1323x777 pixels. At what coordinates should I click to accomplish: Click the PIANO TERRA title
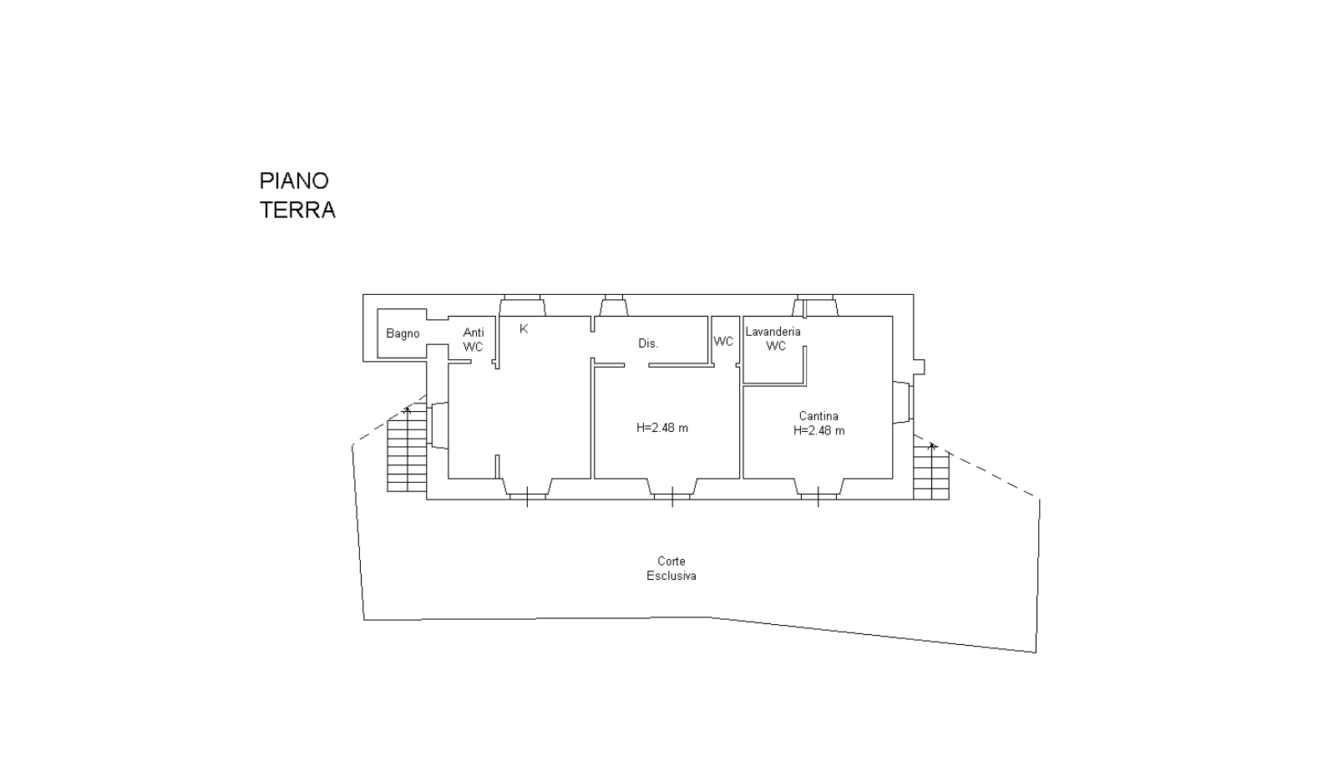point(297,195)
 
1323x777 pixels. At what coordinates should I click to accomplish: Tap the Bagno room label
point(403,334)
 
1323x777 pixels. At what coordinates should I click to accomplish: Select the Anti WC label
point(473,340)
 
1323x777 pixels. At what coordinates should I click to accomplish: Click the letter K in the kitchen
point(524,329)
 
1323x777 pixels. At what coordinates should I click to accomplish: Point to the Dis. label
point(648,343)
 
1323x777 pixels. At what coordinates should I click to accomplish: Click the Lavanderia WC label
point(773,338)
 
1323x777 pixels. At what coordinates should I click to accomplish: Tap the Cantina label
point(819,416)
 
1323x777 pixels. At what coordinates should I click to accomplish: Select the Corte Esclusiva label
point(672,568)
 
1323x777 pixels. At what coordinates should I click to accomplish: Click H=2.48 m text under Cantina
point(819,431)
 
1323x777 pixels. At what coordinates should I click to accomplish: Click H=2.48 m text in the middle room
point(662,428)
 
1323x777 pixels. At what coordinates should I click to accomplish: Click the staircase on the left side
point(407,452)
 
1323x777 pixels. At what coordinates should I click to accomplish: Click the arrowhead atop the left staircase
point(407,409)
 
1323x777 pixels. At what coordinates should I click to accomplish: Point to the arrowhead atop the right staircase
point(932,445)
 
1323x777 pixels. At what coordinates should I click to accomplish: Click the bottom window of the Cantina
point(818,490)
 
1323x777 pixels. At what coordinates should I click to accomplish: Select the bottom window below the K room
point(527,490)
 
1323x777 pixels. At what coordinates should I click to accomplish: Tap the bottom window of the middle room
point(672,490)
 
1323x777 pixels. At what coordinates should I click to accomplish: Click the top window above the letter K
point(522,305)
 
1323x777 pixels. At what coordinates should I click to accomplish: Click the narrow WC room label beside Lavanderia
point(723,342)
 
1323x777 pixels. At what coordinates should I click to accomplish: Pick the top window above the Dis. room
point(614,305)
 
